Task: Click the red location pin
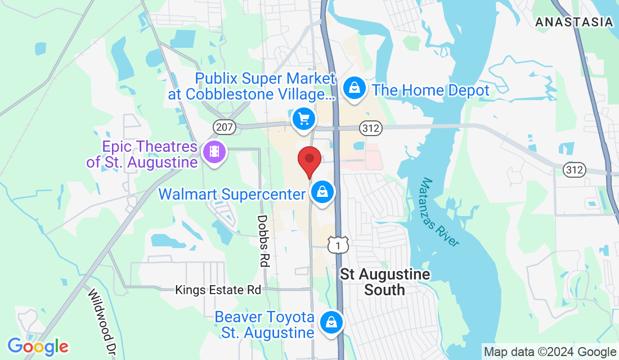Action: [x=309, y=160]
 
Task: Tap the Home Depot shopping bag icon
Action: [x=355, y=89]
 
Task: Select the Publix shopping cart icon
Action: [x=304, y=119]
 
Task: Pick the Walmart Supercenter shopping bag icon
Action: [x=323, y=192]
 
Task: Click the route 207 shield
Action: [x=224, y=128]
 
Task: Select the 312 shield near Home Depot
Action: [x=372, y=129]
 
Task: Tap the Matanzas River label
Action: [x=440, y=212]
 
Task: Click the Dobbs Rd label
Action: [x=263, y=240]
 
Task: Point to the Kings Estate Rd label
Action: [x=218, y=290]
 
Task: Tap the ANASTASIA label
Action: [x=574, y=22]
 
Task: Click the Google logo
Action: [x=38, y=346]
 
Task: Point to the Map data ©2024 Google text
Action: [x=550, y=352]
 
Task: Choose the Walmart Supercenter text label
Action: [x=232, y=195]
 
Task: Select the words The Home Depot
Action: [x=430, y=90]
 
